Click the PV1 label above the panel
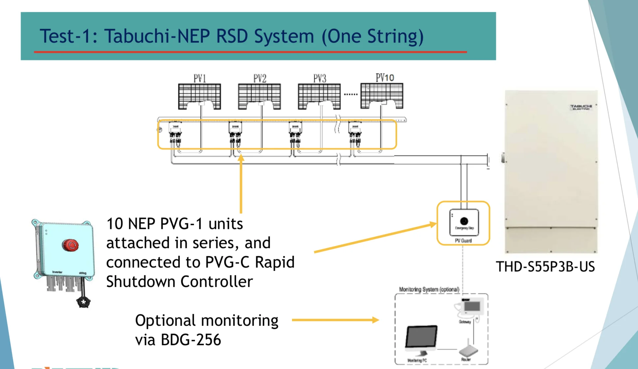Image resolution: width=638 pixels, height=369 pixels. coord(200,79)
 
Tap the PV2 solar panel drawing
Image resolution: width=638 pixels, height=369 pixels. coord(259,96)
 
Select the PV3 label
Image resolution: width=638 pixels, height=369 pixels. coord(320,79)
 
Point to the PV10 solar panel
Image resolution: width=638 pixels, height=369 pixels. coord(381,96)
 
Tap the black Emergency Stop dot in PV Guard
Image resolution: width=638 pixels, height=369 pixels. coord(464,221)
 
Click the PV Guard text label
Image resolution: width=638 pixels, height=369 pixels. coord(463,241)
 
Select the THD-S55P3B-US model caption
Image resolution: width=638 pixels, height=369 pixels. coord(545,267)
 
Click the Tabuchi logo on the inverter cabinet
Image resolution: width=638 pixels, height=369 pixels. coord(581,107)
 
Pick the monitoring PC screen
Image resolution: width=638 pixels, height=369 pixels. coord(421,336)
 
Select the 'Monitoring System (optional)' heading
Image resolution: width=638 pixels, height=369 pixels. coord(429,289)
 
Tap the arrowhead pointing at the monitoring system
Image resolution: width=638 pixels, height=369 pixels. coord(375,320)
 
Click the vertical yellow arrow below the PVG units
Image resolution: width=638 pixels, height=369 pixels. coord(241,184)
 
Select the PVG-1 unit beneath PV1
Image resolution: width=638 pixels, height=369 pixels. coord(175,133)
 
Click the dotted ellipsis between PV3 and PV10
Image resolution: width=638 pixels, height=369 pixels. coord(351,94)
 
